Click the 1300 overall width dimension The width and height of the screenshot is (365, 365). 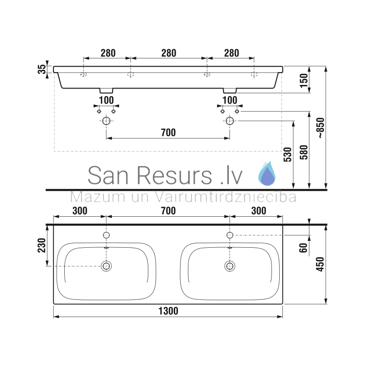click(168, 311)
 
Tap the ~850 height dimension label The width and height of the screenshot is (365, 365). click(321, 128)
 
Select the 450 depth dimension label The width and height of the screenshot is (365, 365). click(320, 264)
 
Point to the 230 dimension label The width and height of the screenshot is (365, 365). click(42, 245)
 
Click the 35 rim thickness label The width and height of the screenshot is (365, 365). click(42, 69)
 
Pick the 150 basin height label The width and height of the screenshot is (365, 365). click(304, 81)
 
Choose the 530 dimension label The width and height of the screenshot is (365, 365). click(287, 154)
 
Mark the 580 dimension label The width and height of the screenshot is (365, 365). click(304, 152)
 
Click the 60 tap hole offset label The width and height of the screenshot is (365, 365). click(303, 248)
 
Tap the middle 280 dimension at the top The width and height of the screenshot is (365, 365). click(169, 53)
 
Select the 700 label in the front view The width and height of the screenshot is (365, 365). click(168, 133)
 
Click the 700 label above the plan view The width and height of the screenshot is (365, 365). click(168, 211)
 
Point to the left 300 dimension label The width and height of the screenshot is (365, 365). click(80, 211)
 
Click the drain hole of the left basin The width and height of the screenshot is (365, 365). click(106, 266)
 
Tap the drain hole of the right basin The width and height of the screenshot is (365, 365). click(230, 266)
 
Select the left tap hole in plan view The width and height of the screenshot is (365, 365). click(106, 235)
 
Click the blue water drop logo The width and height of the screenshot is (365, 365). click(267, 173)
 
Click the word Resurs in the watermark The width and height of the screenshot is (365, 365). click(174, 175)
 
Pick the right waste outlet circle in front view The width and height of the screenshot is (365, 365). click(230, 121)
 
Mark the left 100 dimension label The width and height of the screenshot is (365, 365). click(106, 100)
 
